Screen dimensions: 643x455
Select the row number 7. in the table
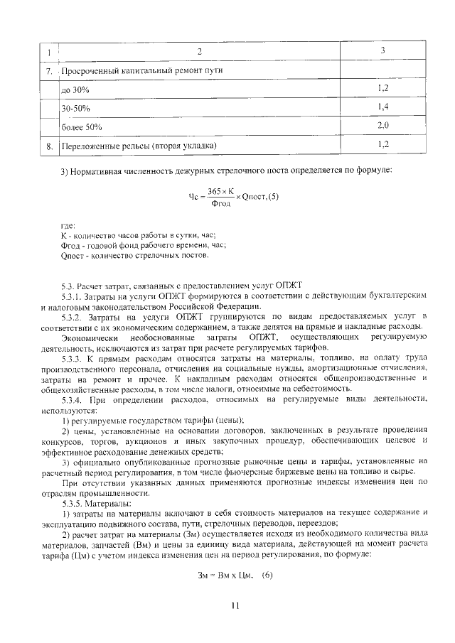click(48, 72)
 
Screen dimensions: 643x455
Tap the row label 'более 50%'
click(82, 127)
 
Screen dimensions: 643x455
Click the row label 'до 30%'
click(75, 91)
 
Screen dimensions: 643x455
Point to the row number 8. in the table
click(48, 146)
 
